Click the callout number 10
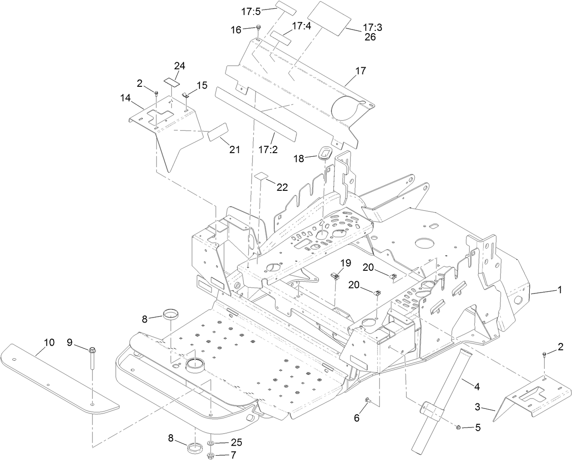pyautogui.click(x=49, y=343)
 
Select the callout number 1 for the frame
pyautogui.click(x=560, y=289)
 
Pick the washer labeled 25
pyautogui.click(x=212, y=443)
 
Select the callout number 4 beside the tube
pyautogui.click(x=477, y=387)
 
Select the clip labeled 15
pyautogui.click(x=186, y=95)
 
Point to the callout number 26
pyautogui.click(x=370, y=37)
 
